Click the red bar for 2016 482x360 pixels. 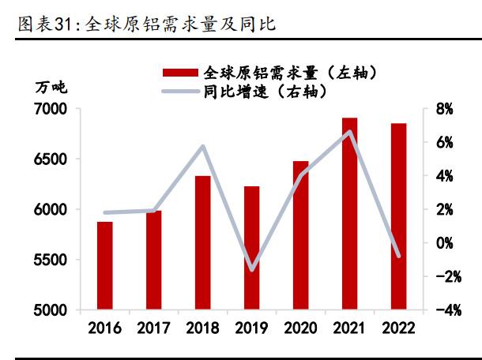105,266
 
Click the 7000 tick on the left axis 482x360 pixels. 51,109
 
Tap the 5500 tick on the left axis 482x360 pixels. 51,261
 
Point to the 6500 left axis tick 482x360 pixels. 51,159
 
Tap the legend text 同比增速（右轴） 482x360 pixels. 260,91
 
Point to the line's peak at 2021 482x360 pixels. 349,132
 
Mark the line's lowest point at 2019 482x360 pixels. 252,270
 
